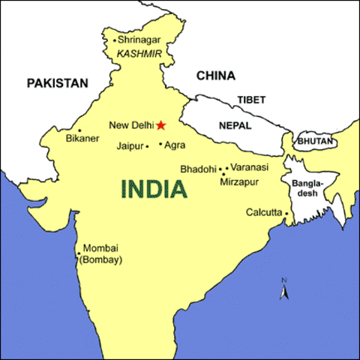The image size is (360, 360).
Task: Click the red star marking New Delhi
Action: pyautogui.click(x=160, y=125)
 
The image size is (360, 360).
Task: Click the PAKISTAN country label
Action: pyautogui.click(x=58, y=83)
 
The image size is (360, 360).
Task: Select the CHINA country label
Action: pyautogui.click(x=215, y=76)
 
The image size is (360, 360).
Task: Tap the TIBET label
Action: pyautogui.click(x=251, y=100)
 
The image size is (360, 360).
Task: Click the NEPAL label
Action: pyautogui.click(x=235, y=126)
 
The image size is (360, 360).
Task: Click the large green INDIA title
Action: pyautogui.click(x=154, y=188)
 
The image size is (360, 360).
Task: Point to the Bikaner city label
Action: pyautogui.click(x=82, y=139)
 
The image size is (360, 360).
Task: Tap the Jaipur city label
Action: pyautogui.click(x=130, y=146)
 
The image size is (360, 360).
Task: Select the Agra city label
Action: pyautogui.click(x=174, y=145)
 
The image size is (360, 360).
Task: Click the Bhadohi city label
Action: pyautogui.click(x=198, y=169)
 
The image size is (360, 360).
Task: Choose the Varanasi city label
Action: pyautogui.click(x=250, y=167)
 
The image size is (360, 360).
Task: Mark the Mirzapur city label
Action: pyautogui.click(x=239, y=181)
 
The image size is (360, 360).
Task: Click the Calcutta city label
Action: pyautogui.click(x=263, y=213)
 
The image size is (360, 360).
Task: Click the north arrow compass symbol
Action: pyautogui.click(x=284, y=289)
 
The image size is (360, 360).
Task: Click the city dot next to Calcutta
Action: pyautogui.click(x=286, y=213)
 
